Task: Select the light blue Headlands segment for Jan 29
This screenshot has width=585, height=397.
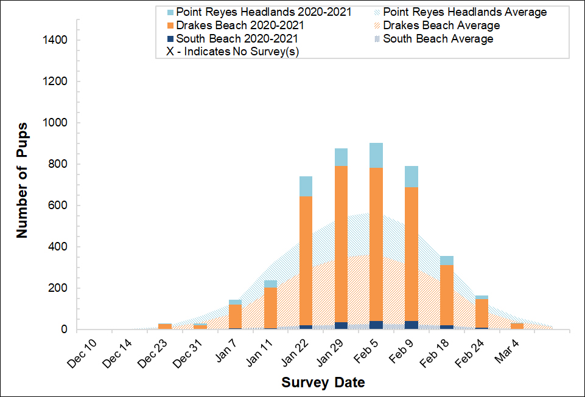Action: click(x=341, y=157)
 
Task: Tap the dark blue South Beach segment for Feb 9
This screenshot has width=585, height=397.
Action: click(x=412, y=325)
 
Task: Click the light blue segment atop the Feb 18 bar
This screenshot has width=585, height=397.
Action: click(x=447, y=260)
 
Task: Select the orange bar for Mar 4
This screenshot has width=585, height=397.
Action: click(x=517, y=326)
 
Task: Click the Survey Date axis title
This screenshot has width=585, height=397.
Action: click(x=323, y=383)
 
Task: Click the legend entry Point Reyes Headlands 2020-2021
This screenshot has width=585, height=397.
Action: click(x=264, y=12)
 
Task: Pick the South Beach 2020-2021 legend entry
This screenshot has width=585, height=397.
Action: click(x=240, y=39)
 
